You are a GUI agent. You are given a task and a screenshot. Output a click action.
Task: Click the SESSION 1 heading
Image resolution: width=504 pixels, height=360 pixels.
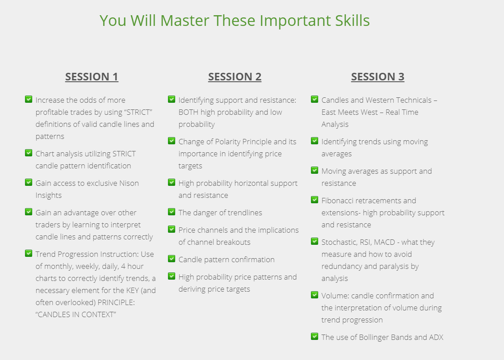92,77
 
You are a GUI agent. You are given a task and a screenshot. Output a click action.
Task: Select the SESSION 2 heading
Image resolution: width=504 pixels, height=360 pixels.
235,77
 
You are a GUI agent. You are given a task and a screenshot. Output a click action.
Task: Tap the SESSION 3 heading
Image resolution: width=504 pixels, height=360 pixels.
378,77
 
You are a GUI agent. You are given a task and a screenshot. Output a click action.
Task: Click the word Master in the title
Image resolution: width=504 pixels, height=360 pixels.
185,21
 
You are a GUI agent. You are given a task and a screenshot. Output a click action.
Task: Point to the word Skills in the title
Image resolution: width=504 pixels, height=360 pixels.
353,21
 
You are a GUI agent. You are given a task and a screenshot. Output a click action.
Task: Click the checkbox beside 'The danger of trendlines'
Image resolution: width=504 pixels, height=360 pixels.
172,212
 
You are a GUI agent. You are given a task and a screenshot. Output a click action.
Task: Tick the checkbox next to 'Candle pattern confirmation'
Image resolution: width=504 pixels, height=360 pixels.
172,259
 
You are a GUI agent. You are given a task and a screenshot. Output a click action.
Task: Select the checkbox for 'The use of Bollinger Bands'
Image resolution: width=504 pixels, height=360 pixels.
315,336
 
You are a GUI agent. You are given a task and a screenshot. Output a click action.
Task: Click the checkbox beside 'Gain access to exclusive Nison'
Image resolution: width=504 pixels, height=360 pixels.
29,182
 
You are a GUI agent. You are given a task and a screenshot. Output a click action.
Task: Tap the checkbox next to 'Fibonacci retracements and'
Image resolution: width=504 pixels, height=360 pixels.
315,200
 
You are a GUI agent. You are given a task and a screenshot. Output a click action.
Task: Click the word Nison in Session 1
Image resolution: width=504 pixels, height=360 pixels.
129,183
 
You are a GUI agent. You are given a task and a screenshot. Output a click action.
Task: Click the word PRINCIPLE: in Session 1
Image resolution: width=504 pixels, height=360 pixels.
116,302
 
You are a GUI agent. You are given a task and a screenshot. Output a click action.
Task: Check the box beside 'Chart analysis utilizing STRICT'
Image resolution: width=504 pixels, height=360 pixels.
29,153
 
